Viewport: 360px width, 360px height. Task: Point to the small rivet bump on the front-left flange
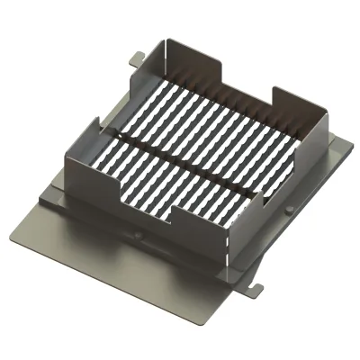point(139,236)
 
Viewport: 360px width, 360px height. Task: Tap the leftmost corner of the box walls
point(68,153)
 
